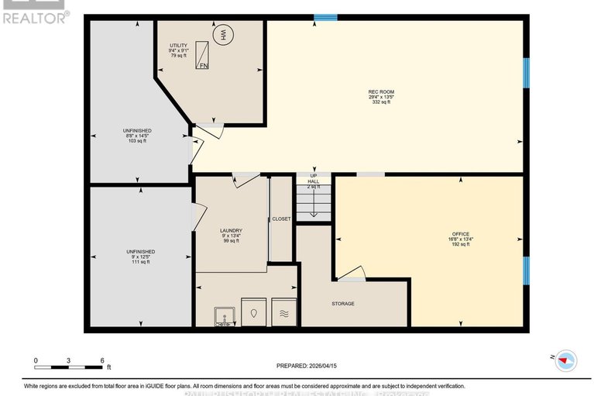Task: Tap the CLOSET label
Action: pyautogui.click(x=281, y=219)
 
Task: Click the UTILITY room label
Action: pyautogui.click(x=179, y=46)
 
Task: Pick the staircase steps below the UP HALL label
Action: pyautogui.click(x=314, y=203)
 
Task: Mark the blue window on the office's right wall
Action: pyautogui.click(x=525, y=270)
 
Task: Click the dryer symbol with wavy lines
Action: pyautogui.click(x=283, y=313)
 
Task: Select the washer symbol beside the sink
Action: pyautogui.click(x=254, y=313)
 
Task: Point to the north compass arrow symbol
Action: pyautogui.click(x=566, y=359)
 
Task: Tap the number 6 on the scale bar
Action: pyautogui.click(x=102, y=361)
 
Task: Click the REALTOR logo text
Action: pyautogui.click(x=35, y=16)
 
